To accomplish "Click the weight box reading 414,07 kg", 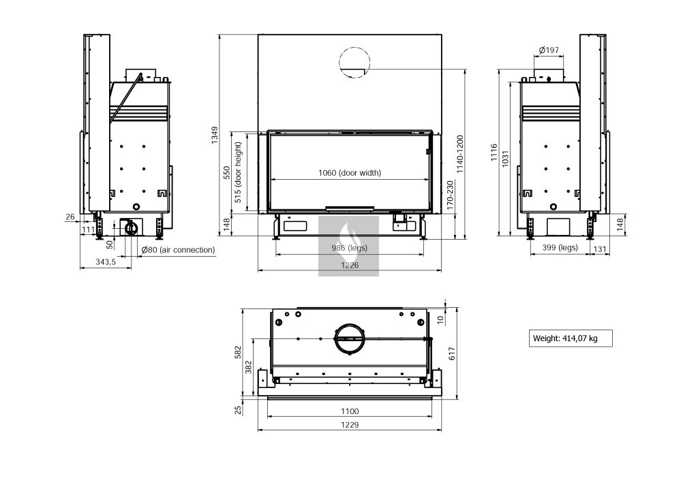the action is [x=571, y=338].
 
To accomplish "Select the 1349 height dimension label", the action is [x=215, y=135].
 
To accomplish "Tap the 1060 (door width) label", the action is [x=350, y=172].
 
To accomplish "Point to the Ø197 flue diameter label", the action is [x=549, y=50].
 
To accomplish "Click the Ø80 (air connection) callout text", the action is [x=178, y=250].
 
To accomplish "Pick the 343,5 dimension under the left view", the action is [x=106, y=262].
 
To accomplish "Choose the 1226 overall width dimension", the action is [x=350, y=265].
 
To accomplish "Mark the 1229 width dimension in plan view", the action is [x=350, y=424].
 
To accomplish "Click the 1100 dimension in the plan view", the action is [x=350, y=411].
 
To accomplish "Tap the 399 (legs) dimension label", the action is [x=560, y=248].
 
